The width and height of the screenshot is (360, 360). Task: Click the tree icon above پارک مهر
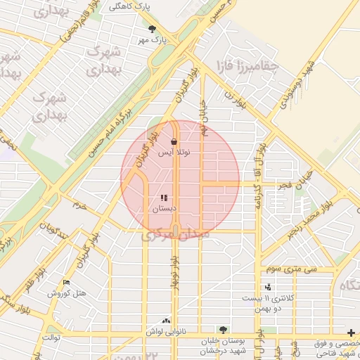point(153,29)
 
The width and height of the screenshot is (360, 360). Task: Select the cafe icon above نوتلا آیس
point(174,141)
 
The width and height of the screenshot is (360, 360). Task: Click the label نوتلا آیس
point(174,152)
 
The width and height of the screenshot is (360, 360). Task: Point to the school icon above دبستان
point(164,198)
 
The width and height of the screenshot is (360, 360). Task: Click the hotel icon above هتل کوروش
point(67,283)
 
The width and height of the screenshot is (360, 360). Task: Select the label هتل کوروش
point(66,293)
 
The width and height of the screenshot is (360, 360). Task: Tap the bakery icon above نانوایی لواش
point(166,320)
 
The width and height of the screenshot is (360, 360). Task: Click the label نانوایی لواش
point(166,330)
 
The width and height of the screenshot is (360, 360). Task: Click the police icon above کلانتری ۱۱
point(267,287)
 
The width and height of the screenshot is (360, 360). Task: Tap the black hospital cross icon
point(351,332)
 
